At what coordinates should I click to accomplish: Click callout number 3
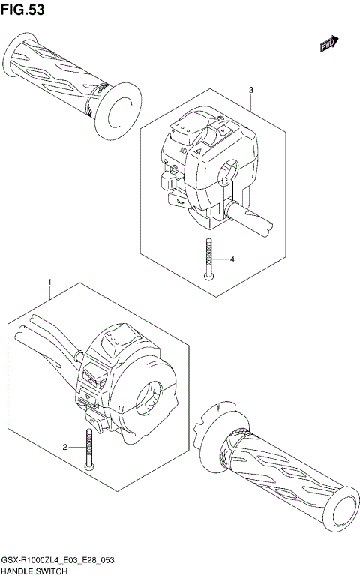pos(250,90)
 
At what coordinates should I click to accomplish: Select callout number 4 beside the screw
pos(232,259)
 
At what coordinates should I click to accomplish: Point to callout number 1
pos(49,283)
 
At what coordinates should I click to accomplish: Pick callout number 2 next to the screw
pos(64,447)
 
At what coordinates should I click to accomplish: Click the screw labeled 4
pos(209,259)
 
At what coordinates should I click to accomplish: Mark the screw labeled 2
pos(90,448)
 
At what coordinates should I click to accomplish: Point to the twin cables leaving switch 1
pos(49,337)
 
